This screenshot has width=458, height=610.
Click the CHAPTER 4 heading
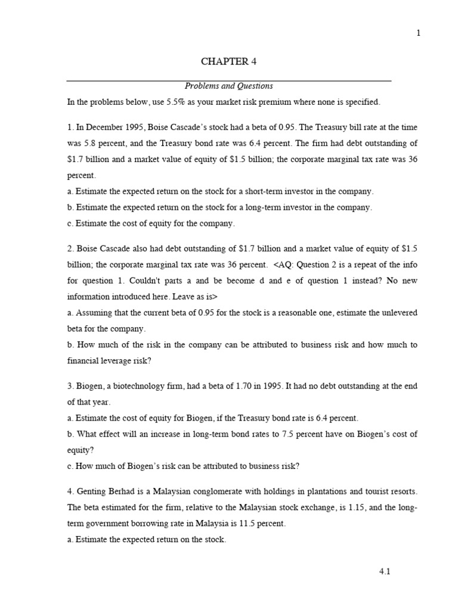tap(228, 61)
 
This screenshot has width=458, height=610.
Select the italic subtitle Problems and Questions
tap(228, 86)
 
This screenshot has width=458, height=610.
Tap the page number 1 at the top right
tap(418, 33)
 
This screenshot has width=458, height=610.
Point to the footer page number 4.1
tap(385, 571)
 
